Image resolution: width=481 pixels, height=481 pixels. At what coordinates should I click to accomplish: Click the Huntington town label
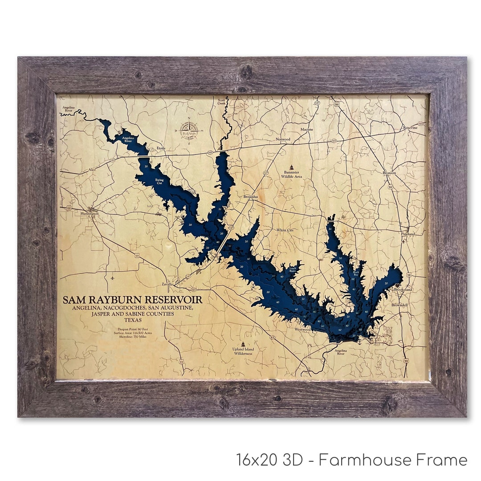click(90, 213)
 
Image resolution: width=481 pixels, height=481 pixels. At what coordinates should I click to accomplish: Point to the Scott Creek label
click(221, 102)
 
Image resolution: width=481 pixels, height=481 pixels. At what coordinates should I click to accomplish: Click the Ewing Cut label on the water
click(159, 181)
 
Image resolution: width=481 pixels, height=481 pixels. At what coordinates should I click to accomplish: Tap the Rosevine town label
click(410, 127)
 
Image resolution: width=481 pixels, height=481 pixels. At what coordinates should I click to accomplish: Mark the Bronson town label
click(389, 173)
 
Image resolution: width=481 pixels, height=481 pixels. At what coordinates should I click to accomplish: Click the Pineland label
click(408, 234)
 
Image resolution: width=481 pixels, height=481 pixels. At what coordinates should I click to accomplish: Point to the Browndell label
click(399, 305)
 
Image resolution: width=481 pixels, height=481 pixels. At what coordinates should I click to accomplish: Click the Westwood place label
click(302, 330)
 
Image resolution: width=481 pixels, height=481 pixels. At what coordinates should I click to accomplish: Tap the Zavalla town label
click(167, 284)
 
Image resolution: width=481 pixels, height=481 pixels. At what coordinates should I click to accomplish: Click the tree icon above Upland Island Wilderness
click(243, 344)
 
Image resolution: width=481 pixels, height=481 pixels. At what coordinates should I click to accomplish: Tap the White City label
click(285, 230)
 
